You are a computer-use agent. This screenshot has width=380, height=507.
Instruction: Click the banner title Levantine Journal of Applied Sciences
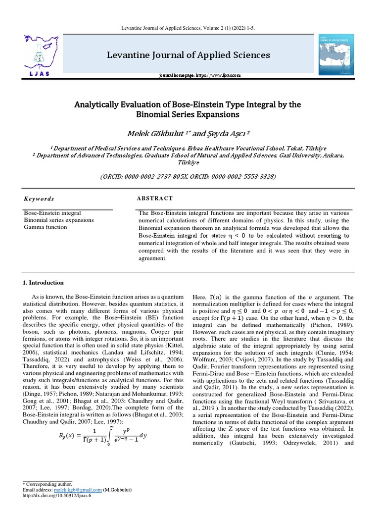(x=189, y=54)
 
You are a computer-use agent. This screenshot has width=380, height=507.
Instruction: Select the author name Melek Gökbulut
(x=152, y=134)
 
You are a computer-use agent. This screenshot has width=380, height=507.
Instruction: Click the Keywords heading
(x=39, y=199)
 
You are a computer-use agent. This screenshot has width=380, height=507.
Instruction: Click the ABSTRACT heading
(x=155, y=198)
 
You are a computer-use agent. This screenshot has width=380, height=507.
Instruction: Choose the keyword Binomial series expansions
(x=58, y=219)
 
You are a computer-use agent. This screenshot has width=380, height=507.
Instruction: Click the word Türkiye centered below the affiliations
(x=190, y=162)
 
